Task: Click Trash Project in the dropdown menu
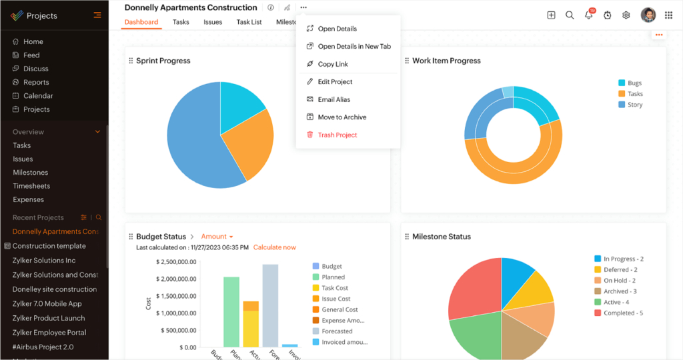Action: coord(337,135)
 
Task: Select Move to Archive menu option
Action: coord(341,117)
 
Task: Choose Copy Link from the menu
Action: coord(333,64)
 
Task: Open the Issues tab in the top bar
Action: coord(213,22)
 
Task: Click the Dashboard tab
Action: coord(141,22)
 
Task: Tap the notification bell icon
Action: coord(589,15)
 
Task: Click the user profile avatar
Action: coord(648,15)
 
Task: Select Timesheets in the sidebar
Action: coord(31,186)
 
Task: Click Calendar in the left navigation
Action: coord(38,95)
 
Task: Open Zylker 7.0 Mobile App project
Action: coord(47,303)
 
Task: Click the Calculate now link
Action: coord(274,247)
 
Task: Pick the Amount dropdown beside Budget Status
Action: coord(217,237)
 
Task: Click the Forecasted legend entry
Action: coord(337,331)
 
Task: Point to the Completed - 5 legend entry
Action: coord(623,313)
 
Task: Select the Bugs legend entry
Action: coord(634,83)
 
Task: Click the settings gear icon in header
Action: coord(626,15)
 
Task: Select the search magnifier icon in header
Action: coord(570,15)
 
